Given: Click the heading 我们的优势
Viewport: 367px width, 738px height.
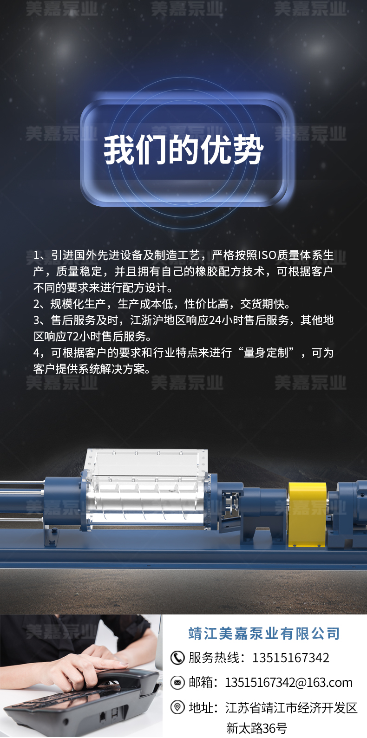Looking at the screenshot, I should tap(183, 150).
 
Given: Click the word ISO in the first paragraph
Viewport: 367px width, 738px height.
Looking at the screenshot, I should tap(267, 255).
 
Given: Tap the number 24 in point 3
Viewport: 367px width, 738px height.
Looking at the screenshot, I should tap(215, 320).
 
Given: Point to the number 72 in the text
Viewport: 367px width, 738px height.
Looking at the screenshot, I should tap(74, 336).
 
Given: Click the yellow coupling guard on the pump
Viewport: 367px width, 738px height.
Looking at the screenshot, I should tap(307, 514).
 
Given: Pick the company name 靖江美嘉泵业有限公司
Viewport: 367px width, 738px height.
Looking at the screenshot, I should tap(264, 634).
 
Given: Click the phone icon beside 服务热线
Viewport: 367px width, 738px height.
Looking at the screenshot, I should tap(177, 658).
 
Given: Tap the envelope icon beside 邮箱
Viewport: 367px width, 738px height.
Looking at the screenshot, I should tap(177, 682).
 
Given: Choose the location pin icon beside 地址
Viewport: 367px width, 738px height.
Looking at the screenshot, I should tap(177, 707).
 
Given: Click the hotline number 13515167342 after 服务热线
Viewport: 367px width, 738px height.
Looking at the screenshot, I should tap(291, 658).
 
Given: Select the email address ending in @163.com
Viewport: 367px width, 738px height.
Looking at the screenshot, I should tap(288, 682).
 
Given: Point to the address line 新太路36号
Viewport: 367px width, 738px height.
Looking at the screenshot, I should tap(256, 728).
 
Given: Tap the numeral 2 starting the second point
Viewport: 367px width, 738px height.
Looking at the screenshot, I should tap(37, 304).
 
